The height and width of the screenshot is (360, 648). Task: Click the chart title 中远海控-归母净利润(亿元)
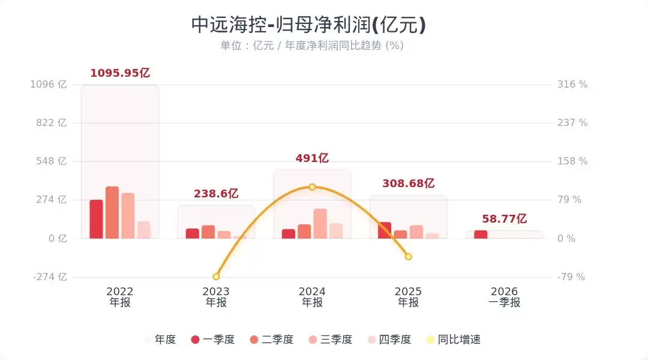[x=308, y=25]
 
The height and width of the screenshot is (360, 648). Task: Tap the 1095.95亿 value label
[x=120, y=73]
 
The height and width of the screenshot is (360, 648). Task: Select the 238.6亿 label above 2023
[x=216, y=194]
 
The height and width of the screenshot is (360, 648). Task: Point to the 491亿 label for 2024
[x=312, y=158]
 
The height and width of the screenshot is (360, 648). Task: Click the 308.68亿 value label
[x=408, y=184]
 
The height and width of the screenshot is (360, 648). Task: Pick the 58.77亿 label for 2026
[x=504, y=219]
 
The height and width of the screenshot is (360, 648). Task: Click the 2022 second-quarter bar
[x=112, y=212]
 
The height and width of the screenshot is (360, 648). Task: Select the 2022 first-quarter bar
[x=97, y=219]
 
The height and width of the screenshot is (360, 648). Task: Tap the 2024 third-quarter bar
[x=320, y=223]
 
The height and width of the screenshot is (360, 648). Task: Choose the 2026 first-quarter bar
[x=481, y=235]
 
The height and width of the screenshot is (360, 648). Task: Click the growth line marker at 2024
[x=312, y=187]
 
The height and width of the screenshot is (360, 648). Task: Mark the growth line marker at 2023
[x=216, y=277]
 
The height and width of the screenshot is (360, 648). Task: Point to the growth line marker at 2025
[x=408, y=256]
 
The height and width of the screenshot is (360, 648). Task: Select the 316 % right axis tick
[x=573, y=85]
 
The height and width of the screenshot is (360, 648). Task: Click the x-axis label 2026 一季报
[x=504, y=297]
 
